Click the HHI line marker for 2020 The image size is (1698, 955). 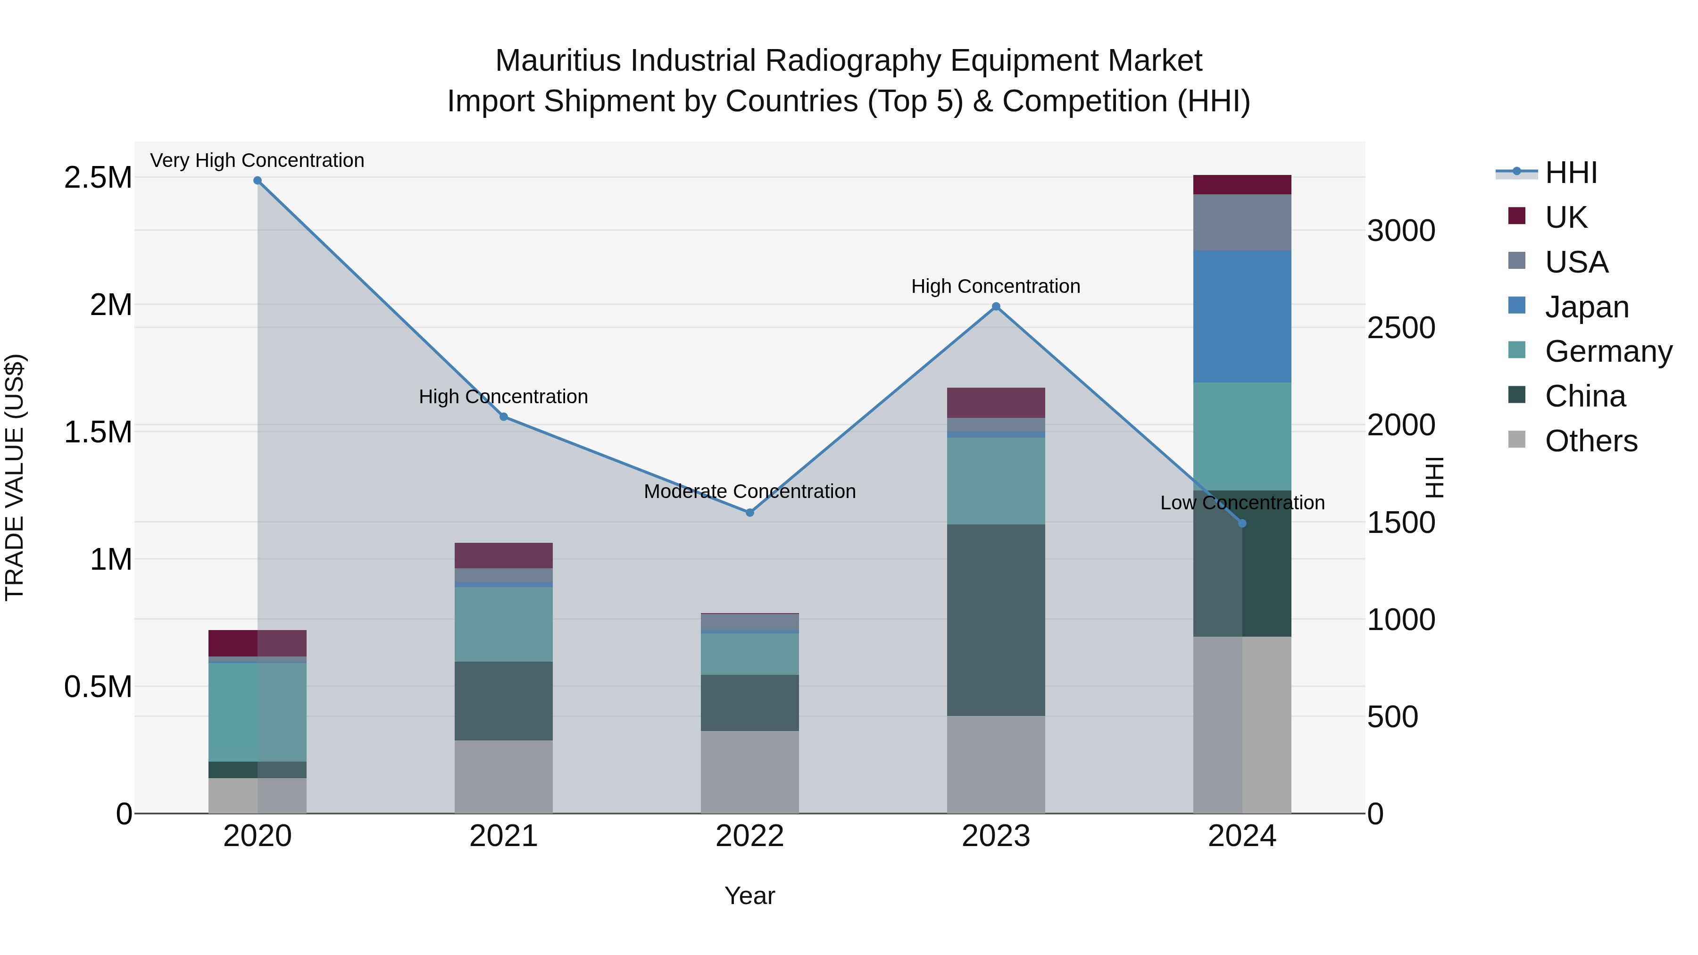(257, 181)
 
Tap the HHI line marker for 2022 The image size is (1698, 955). (749, 513)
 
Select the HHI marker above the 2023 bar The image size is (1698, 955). (996, 307)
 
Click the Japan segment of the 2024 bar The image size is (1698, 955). (1242, 316)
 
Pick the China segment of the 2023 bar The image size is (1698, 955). (996, 620)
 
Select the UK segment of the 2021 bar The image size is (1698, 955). (504, 556)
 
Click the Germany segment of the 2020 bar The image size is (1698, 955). (257, 712)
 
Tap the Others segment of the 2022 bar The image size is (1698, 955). (749, 772)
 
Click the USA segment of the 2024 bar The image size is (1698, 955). (1242, 222)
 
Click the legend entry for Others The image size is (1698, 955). (1590, 441)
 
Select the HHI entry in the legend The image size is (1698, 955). (1570, 173)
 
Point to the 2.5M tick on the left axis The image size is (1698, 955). (98, 178)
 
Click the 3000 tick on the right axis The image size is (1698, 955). (1401, 232)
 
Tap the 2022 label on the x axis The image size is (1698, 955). (749, 836)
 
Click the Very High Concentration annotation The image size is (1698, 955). (257, 160)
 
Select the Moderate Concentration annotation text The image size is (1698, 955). (749, 492)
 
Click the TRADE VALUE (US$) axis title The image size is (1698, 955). (15, 477)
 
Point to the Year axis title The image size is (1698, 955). (749, 896)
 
